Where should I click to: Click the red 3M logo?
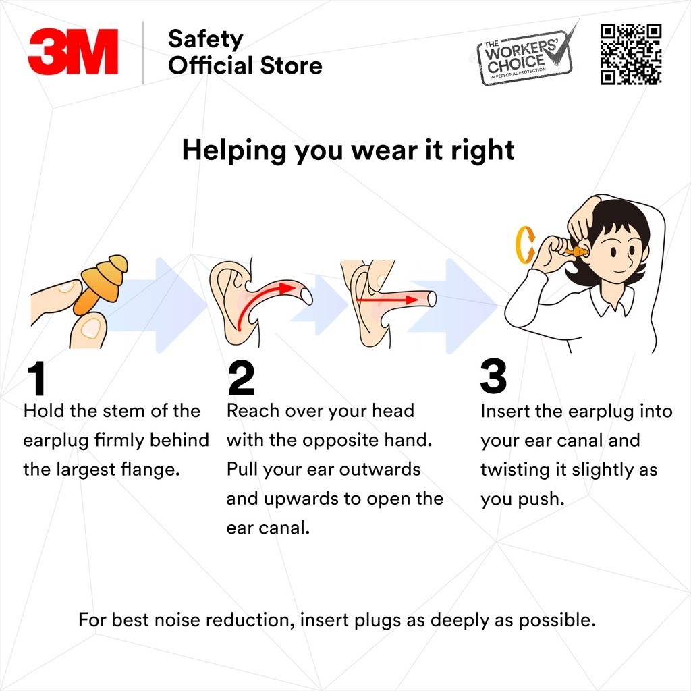click(73, 51)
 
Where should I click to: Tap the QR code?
click(630, 54)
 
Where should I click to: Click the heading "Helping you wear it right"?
click(348, 150)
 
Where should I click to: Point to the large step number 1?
click(36, 379)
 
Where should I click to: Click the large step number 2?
click(241, 379)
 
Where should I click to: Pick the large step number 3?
click(493, 377)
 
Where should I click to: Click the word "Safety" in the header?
click(204, 39)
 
